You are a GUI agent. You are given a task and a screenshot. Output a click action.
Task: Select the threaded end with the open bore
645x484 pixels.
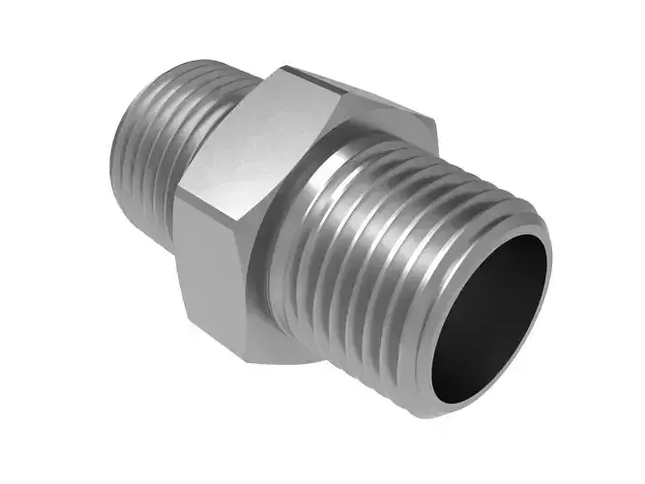pos(425,261)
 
